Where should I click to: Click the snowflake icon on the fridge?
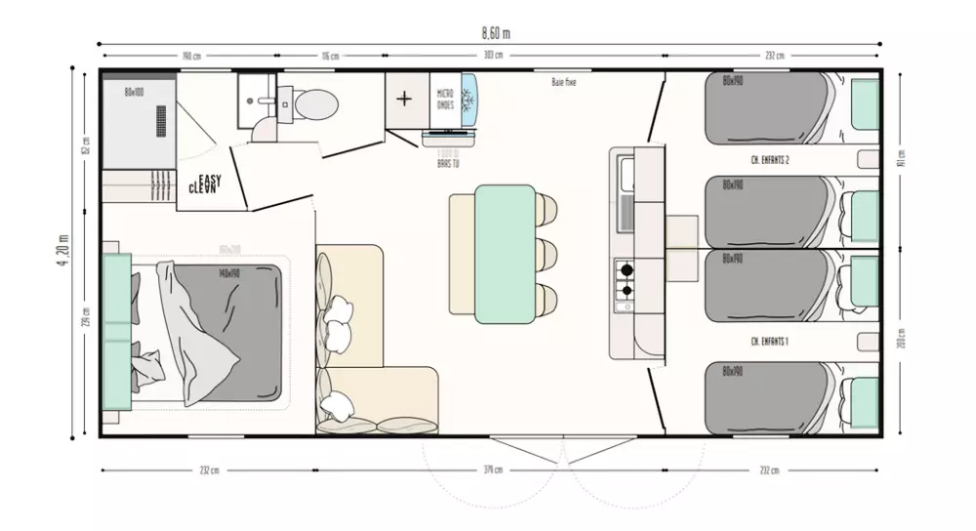click(468, 101)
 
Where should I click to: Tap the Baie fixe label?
click(563, 83)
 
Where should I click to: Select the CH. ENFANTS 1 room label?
click(769, 341)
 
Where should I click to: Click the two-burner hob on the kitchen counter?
click(624, 279)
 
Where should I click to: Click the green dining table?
click(505, 254)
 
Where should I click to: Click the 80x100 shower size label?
click(134, 92)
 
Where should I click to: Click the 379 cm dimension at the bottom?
click(492, 470)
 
